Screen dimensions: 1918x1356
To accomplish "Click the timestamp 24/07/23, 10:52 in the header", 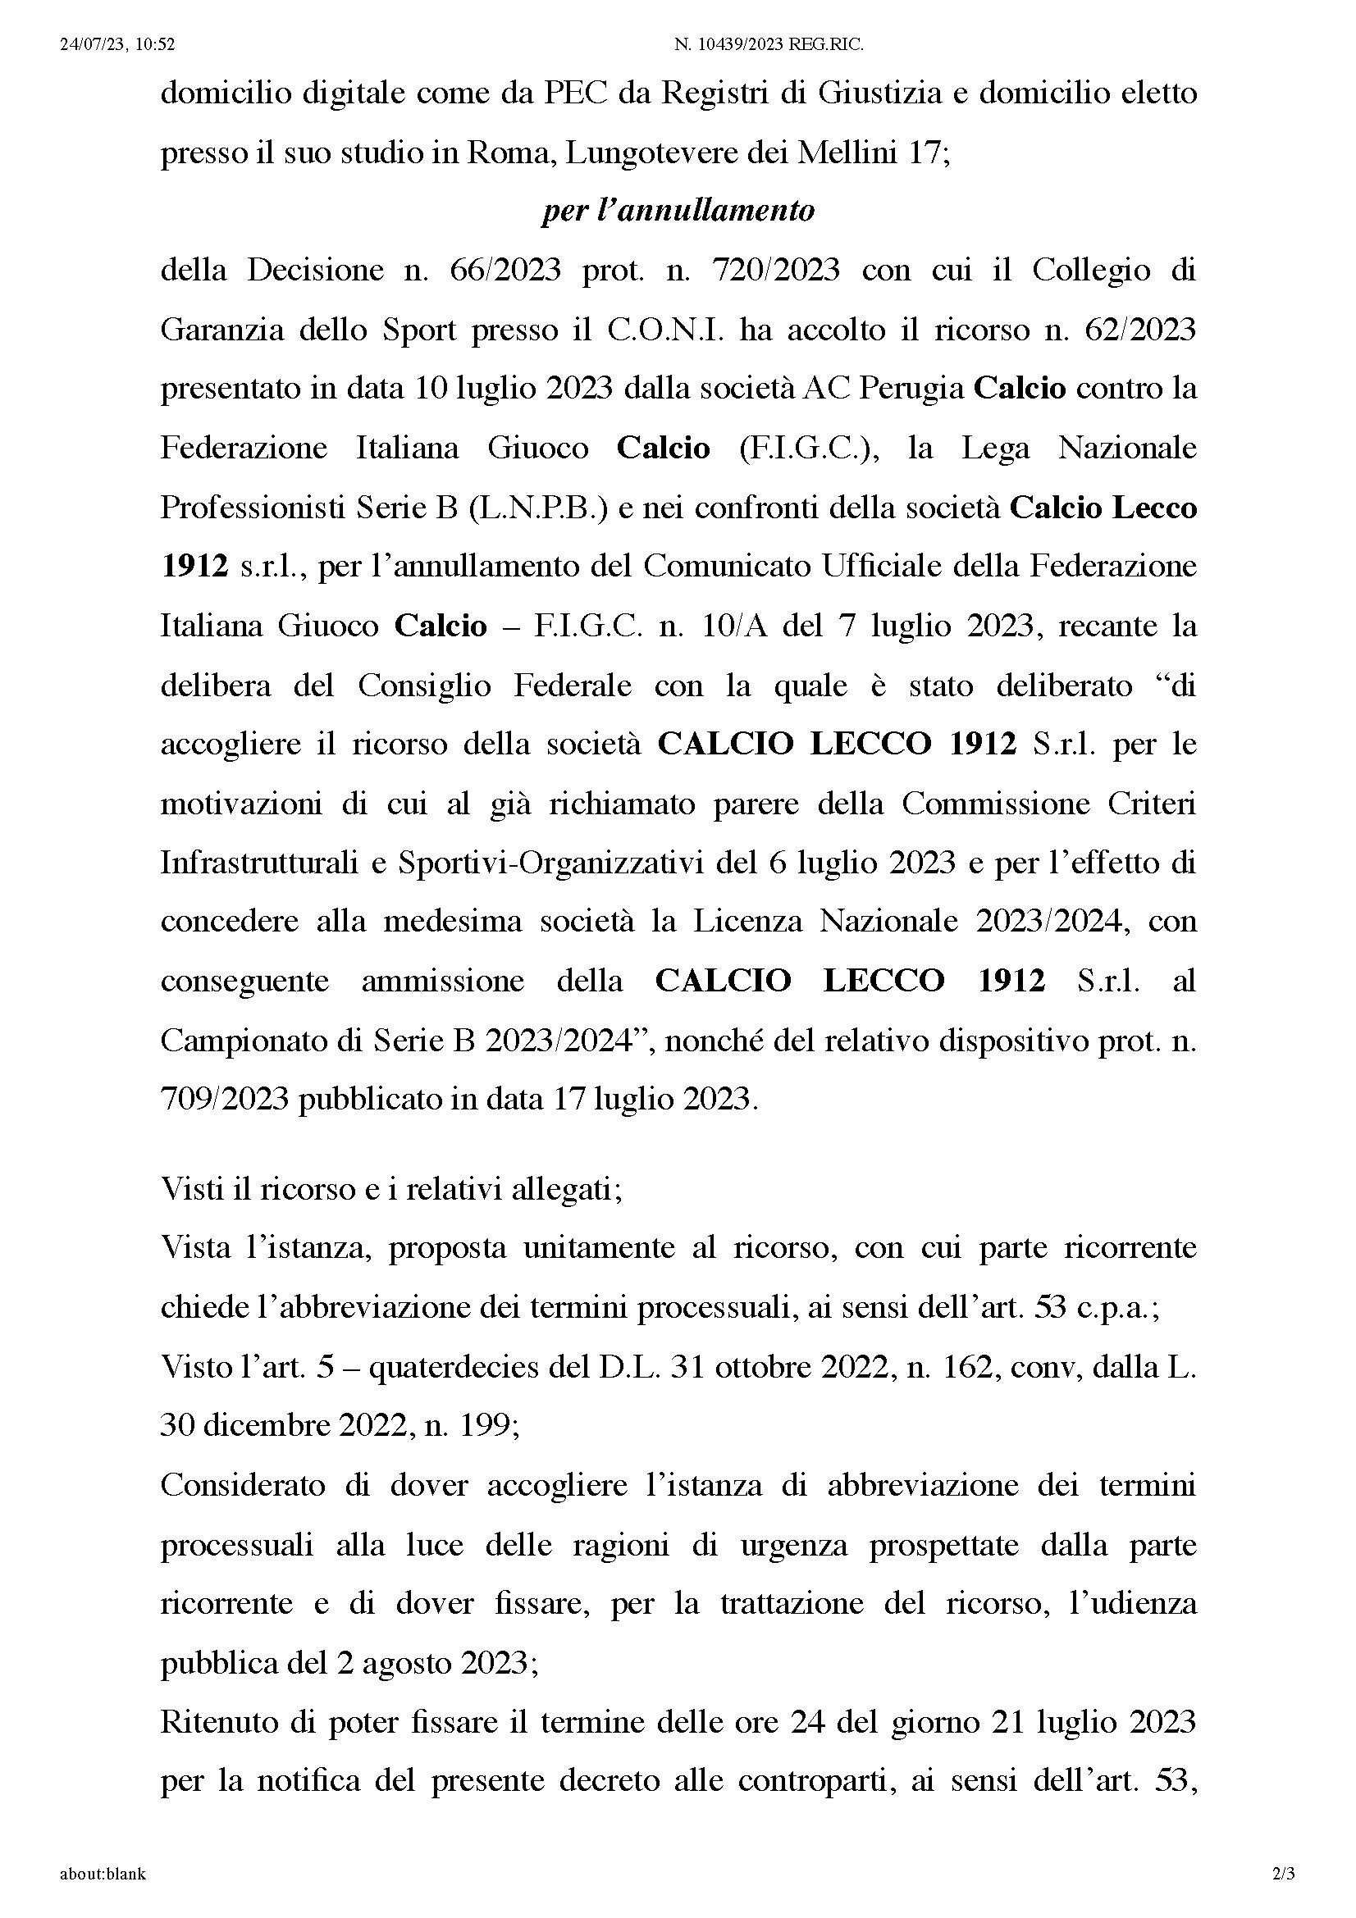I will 117,45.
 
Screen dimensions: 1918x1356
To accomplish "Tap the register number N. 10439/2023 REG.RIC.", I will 769,45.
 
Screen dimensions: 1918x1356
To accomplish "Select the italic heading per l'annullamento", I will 678,210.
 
